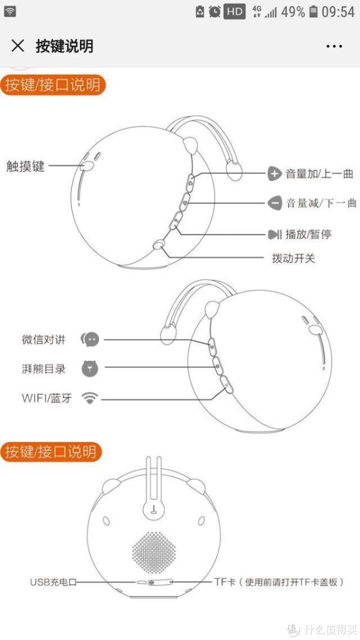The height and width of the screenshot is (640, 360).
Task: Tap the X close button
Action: pyautogui.click(x=17, y=46)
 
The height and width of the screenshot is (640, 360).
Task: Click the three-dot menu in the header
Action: pyautogui.click(x=334, y=46)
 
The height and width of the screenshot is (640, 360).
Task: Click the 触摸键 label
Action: pyautogui.click(x=25, y=166)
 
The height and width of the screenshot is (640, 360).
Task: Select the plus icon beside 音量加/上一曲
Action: pyautogui.click(x=274, y=173)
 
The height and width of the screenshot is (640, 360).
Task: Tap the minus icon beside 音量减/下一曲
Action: pyautogui.click(x=274, y=203)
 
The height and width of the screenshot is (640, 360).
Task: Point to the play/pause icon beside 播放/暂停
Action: pyautogui.click(x=274, y=235)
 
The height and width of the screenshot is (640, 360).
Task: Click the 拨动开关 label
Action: pyautogui.click(x=293, y=259)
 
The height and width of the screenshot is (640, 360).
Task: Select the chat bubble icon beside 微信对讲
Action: pyautogui.click(x=90, y=339)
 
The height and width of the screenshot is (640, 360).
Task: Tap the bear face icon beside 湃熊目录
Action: pyautogui.click(x=90, y=368)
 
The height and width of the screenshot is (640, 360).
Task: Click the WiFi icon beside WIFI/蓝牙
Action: pyautogui.click(x=90, y=398)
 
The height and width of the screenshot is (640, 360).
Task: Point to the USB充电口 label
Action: pyautogui.click(x=53, y=582)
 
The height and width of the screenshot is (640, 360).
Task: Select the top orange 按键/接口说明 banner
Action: pyautogui.click(x=53, y=85)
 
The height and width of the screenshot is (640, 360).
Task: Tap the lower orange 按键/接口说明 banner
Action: pyautogui.click(x=50, y=452)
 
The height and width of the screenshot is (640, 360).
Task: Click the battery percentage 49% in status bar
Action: pyautogui.click(x=293, y=12)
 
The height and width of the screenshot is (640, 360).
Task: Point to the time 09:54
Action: pyautogui.click(x=338, y=12)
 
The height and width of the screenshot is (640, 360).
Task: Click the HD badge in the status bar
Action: pyautogui.click(x=234, y=12)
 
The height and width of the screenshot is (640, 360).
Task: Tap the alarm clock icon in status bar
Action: pyautogui.click(x=215, y=12)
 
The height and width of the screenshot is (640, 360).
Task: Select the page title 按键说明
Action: pyautogui.click(x=64, y=46)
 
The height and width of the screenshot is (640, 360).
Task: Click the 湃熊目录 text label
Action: pyautogui.click(x=44, y=369)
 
